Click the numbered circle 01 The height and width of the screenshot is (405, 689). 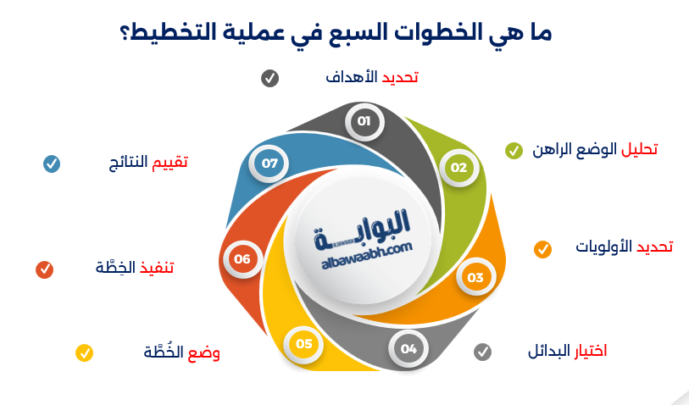[x=364, y=122]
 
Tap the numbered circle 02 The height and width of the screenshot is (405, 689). [x=458, y=168]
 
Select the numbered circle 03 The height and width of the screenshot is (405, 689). [x=475, y=277]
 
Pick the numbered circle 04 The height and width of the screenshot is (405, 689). [x=409, y=348]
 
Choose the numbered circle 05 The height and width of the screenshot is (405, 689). [x=304, y=344]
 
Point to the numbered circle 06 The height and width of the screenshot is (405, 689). [x=242, y=259]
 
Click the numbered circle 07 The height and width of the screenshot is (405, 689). [x=270, y=163]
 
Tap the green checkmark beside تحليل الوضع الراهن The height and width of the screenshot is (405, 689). [x=514, y=151]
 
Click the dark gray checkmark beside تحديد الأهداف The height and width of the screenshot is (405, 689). [x=269, y=79]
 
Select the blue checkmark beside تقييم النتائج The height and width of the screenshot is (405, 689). [x=52, y=164]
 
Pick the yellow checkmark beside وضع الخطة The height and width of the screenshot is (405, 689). [x=84, y=352]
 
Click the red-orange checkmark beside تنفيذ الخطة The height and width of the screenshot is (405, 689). [x=44, y=269]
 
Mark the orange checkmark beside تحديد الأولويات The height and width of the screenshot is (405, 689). [x=542, y=249]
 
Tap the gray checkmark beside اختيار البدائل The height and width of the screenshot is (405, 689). [x=482, y=351]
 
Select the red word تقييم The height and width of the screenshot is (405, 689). [x=169, y=162]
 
